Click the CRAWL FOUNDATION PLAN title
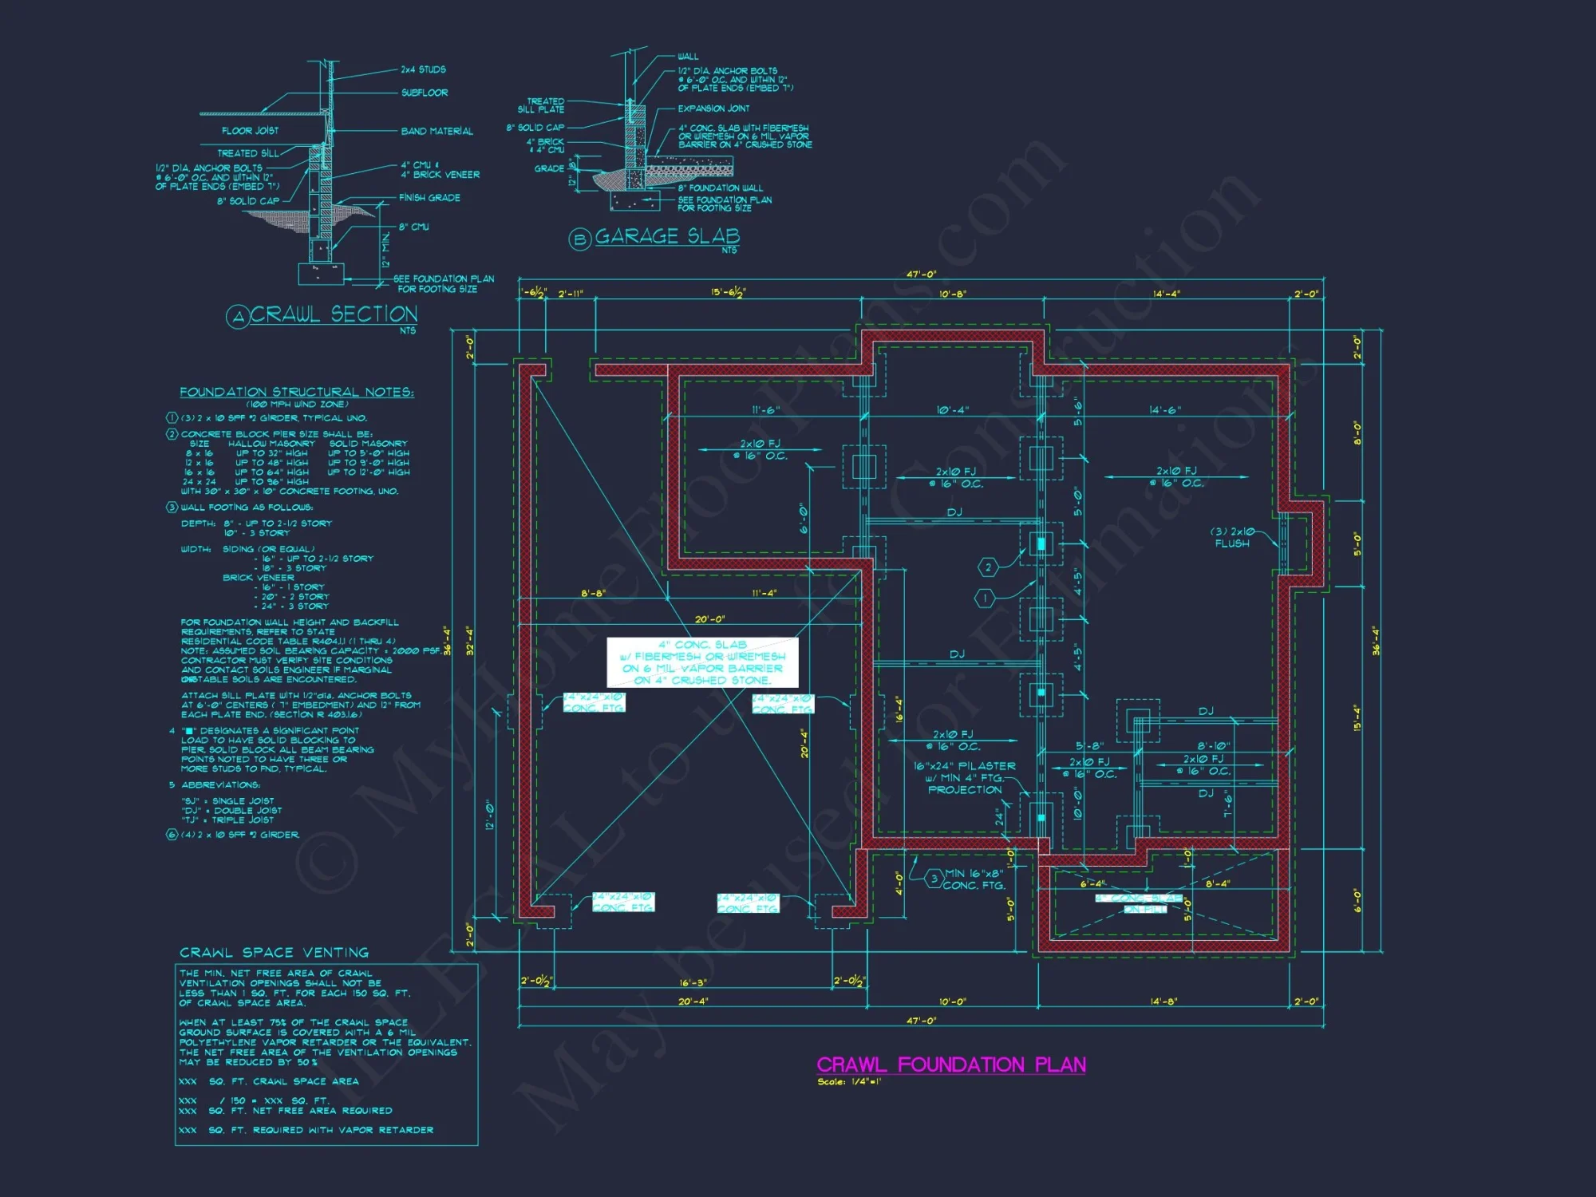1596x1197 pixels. coord(950,1065)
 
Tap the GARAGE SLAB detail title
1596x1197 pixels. coord(667,236)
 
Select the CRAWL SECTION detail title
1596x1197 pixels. coord(334,314)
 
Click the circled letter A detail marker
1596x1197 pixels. coord(237,318)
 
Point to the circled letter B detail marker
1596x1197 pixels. coord(579,239)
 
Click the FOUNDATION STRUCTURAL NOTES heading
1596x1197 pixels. coord(296,392)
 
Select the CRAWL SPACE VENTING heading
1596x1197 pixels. coord(274,952)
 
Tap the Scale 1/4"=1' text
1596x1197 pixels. coord(849,1082)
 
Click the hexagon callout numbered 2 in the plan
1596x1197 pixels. coord(988,567)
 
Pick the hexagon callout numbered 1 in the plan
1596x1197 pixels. coord(985,597)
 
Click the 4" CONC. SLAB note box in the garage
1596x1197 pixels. coord(702,662)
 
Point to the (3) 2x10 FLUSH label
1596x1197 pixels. coord(1232,537)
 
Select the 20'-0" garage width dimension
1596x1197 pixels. coord(709,619)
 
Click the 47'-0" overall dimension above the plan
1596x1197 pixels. coord(921,274)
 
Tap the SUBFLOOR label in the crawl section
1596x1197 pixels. coord(424,93)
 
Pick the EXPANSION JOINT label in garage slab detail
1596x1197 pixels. coord(713,109)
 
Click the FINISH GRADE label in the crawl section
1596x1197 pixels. coord(429,197)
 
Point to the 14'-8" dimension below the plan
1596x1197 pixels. coord(1163,1001)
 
